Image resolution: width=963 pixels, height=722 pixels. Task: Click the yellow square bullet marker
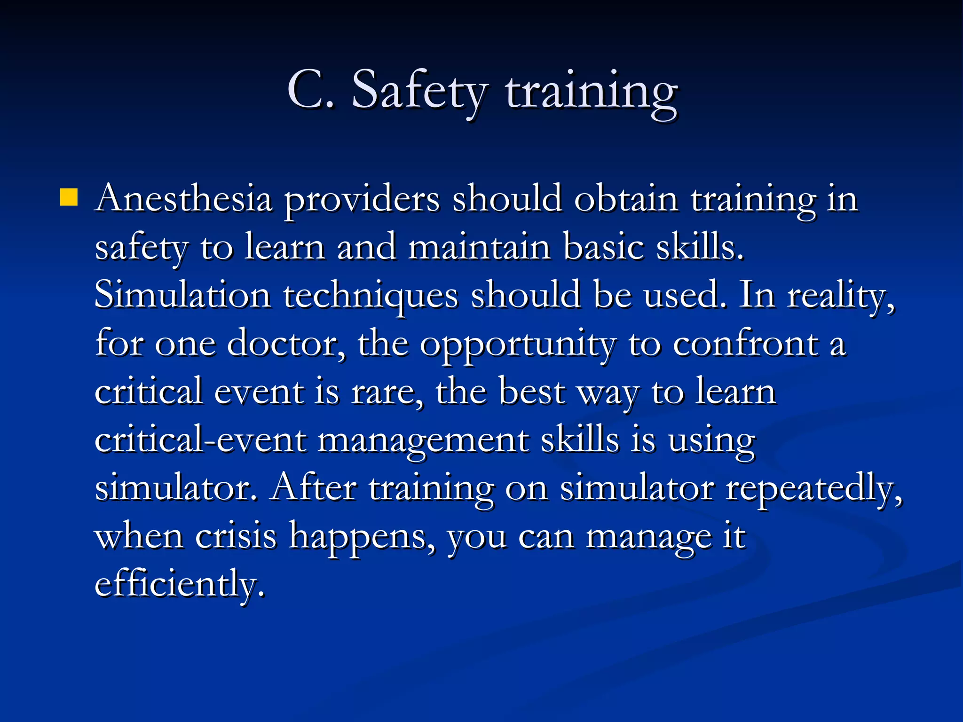pos(69,198)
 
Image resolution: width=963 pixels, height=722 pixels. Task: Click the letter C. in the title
pos(310,89)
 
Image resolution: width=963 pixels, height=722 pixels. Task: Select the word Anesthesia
pos(183,199)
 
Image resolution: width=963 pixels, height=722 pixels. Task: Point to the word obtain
pos(626,199)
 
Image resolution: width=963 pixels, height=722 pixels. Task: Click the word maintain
pos(479,247)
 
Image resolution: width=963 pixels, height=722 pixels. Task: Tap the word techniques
pos(371,297)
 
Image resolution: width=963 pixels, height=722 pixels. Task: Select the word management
pos(423,442)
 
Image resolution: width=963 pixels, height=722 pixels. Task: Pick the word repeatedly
pos(813,490)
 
